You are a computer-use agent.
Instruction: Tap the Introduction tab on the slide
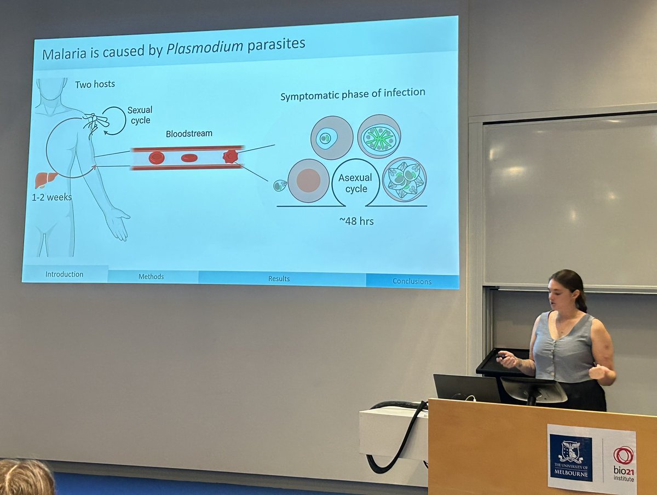pos(64,274)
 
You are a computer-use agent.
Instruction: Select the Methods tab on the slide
pos(151,277)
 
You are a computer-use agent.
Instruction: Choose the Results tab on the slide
pos(279,279)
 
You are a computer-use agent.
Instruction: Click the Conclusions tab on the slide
pos(411,281)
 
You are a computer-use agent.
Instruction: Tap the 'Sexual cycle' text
pos(140,115)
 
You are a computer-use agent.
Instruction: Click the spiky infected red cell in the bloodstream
pos(230,157)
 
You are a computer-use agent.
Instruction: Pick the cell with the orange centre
pos(308,180)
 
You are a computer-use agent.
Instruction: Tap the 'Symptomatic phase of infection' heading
pos(353,94)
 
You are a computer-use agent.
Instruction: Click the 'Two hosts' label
pos(95,84)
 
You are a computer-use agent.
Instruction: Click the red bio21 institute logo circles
pos(623,454)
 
